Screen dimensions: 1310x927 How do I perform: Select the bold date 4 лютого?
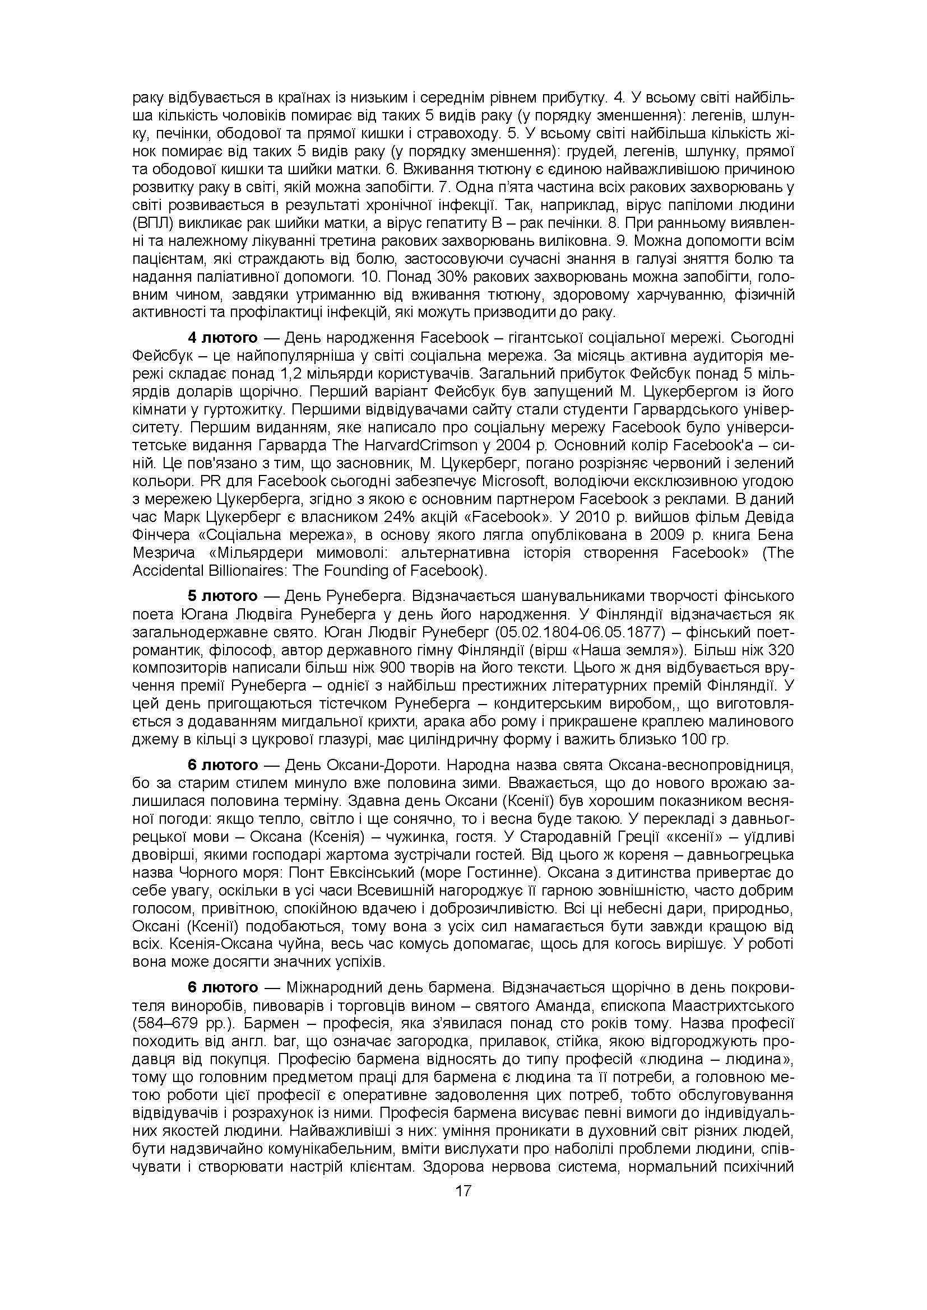(223, 338)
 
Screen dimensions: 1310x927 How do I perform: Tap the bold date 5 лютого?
(223, 596)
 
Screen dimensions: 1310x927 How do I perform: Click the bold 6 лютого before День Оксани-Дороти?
(223, 764)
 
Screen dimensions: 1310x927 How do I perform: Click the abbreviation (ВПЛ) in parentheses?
(151, 222)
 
